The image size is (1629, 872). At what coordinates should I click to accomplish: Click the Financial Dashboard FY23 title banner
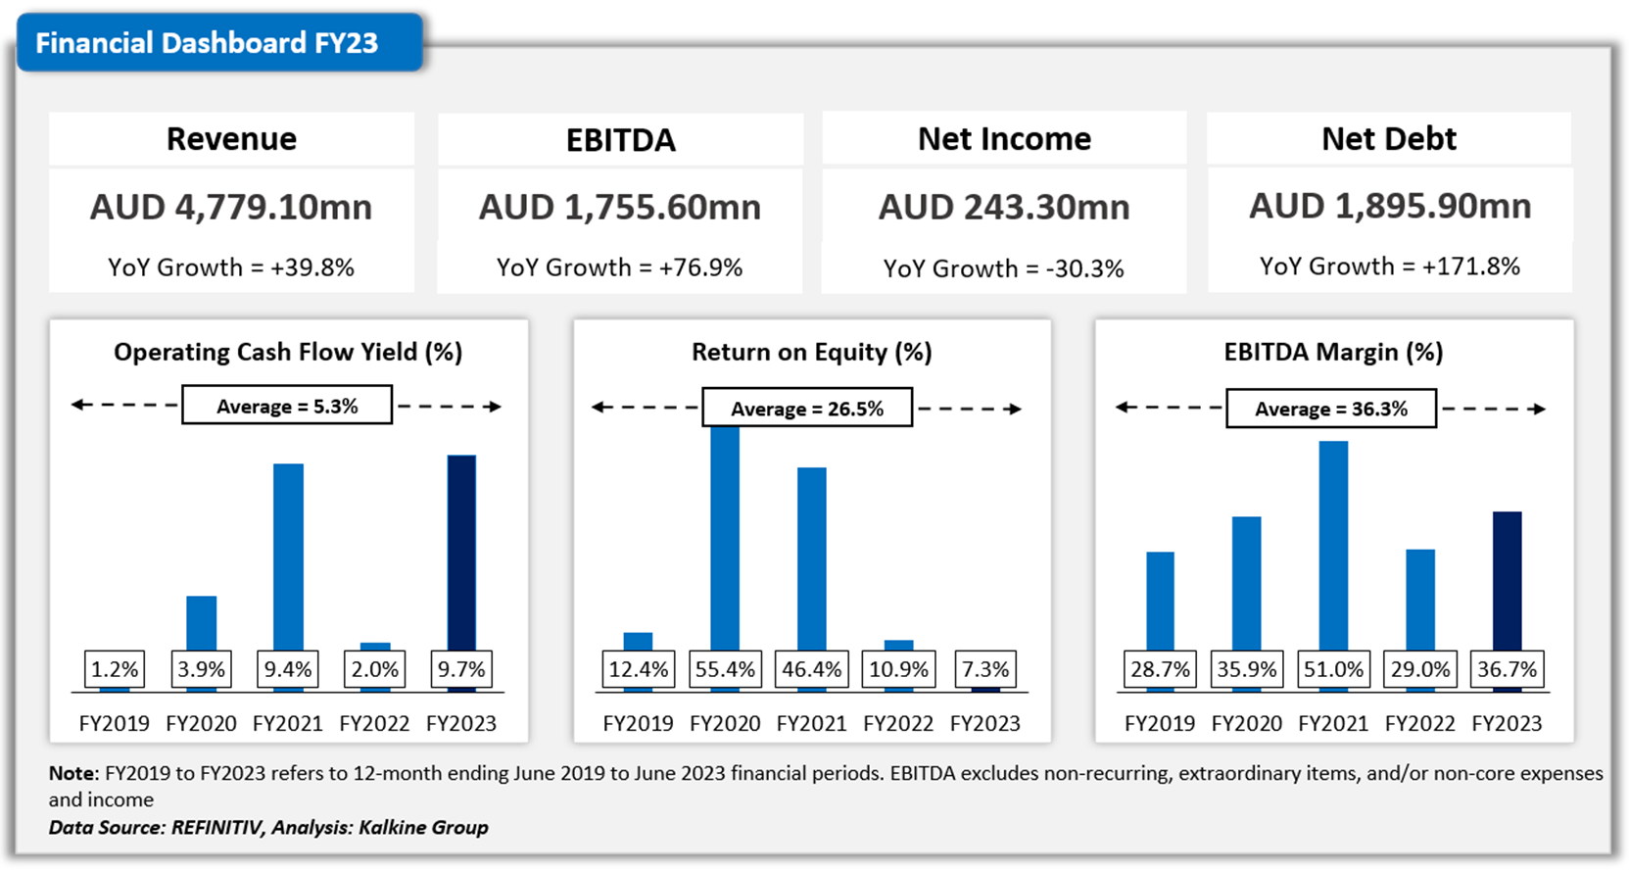(207, 43)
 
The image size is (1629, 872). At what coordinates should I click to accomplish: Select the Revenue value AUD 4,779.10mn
(231, 208)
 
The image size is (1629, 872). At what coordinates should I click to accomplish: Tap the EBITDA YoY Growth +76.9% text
(619, 267)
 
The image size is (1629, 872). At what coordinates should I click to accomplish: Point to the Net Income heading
(1004, 139)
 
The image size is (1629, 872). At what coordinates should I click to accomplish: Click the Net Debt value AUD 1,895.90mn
(1389, 206)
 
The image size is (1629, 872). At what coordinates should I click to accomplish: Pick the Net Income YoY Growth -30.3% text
(1003, 268)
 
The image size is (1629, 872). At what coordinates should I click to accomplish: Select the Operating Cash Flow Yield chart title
(288, 352)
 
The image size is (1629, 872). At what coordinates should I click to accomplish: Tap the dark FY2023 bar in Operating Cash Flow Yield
(461, 553)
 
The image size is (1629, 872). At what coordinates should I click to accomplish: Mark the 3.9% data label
(201, 669)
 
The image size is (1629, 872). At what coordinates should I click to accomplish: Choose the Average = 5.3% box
(287, 406)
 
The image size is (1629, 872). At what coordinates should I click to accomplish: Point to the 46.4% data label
(811, 669)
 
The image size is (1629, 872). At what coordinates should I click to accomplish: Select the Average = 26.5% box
(807, 409)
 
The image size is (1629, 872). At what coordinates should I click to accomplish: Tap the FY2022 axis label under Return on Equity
(898, 723)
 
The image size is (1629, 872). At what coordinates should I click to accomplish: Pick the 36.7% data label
(1507, 669)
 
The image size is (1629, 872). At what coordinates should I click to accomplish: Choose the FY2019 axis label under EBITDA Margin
(1160, 723)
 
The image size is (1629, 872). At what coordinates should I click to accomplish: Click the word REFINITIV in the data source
(216, 827)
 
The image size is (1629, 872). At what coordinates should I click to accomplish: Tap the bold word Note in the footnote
(72, 773)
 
